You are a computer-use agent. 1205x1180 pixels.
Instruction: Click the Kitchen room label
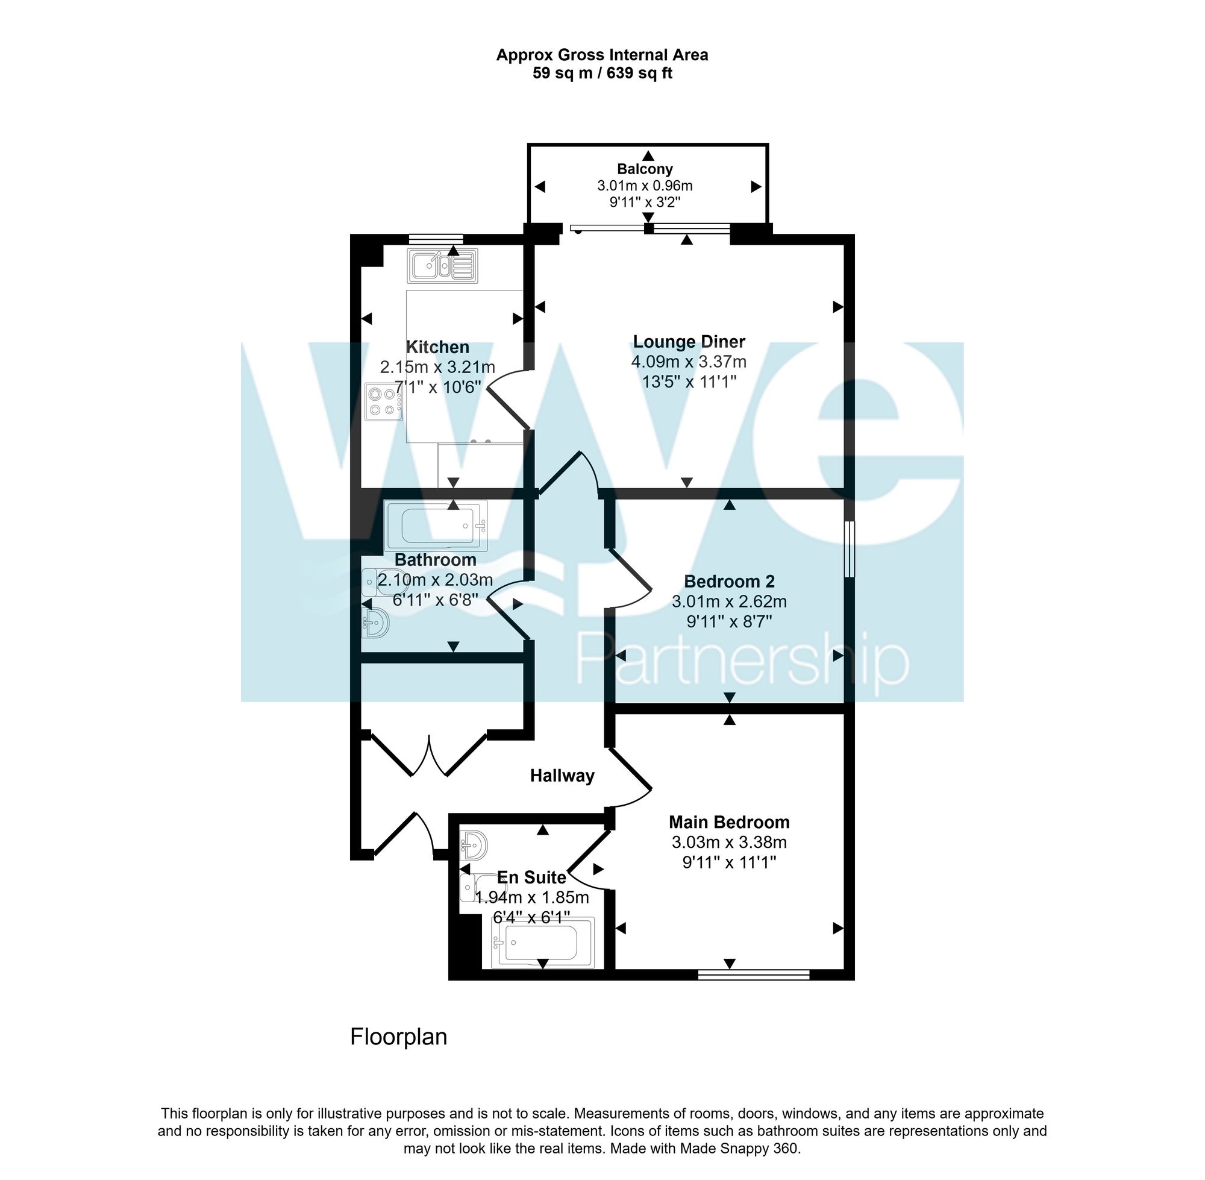click(437, 347)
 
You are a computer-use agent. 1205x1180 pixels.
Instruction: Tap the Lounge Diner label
click(689, 342)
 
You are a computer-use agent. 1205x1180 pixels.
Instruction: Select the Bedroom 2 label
click(729, 582)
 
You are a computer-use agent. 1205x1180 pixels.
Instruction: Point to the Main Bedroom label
click(729, 823)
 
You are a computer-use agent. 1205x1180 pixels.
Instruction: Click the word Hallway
click(562, 776)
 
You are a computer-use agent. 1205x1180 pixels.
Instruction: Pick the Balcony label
click(644, 169)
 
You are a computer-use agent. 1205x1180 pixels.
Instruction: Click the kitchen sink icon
click(442, 266)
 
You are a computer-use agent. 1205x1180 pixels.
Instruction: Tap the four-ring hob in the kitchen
click(383, 401)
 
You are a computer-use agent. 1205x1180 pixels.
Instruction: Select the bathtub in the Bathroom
click(436, 526)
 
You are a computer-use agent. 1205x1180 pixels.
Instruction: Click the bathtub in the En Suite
click(542, 943)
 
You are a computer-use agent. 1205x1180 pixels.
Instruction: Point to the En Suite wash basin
click(475, 844)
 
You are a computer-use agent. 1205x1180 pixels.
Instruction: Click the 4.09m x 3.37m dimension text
click(689, 362)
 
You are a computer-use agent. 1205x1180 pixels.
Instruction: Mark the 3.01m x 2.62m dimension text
click(729, 601)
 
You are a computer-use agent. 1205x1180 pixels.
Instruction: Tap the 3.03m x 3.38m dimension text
click(729, 843)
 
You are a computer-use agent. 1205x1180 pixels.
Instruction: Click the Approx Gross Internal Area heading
click(601, 55)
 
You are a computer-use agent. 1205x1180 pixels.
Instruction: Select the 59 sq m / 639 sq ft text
click(601, 74)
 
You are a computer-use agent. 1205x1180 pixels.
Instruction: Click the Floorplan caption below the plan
click(398, 1037)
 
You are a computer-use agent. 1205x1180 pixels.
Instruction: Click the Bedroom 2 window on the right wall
click(850, 549)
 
